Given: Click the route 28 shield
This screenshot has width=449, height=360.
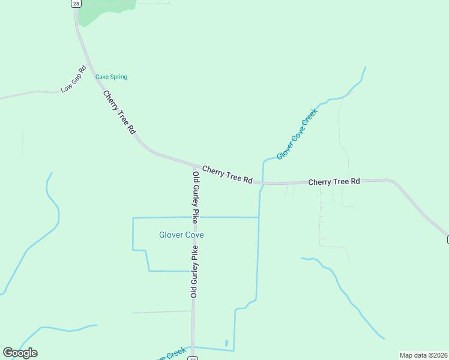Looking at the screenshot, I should coord(75,4).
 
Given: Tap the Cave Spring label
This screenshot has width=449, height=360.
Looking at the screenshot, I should coord(111,77).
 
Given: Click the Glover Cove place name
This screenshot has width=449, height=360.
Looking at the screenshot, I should coord(181,235).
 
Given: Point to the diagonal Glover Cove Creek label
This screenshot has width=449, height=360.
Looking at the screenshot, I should coord(297,134).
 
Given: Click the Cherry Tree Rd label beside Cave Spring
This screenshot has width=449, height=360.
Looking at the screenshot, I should coord(119,112).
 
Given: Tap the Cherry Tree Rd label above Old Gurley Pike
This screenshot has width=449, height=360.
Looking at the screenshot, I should coord(227,175).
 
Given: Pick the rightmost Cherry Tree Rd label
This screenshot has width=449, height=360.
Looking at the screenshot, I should coord(334,181).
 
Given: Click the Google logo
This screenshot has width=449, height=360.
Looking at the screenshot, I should coord(20,353).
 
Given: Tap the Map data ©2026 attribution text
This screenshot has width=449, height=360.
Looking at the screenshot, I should coord(424,355).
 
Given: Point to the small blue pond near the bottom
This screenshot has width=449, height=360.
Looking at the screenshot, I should coord(226,343).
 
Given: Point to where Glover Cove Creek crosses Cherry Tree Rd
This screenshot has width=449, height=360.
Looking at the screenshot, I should coord(262,182).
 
